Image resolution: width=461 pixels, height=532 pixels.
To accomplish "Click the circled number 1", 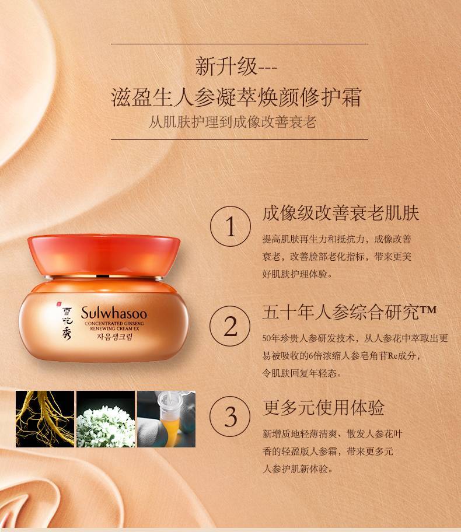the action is (x=230, y=226).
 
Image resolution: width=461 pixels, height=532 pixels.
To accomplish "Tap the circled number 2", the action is (x=230, y=326).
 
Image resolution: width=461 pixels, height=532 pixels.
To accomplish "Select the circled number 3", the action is (x=230, y=416).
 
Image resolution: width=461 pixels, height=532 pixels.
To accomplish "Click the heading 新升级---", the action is (x=236, y=66).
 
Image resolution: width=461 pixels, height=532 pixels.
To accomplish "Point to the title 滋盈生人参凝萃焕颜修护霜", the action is (x=236, y=97).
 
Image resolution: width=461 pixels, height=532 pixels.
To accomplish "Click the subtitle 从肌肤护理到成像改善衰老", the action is (x=233, y=122).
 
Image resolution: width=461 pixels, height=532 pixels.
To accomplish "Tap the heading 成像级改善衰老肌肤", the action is (x=341, y=213).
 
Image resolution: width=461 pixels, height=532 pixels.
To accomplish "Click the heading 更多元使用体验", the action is (x=323, y=408).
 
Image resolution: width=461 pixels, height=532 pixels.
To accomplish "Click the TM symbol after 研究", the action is (x=428, y=310).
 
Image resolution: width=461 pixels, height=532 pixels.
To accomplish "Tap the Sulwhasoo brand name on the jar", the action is (x=114, y=313).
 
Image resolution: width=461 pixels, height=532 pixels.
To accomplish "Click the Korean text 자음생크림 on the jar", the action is (x=114, y=337).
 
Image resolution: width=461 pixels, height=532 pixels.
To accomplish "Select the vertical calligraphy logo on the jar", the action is (x=66, y=323).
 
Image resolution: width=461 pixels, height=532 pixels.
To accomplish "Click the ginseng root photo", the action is (x=45, y=419).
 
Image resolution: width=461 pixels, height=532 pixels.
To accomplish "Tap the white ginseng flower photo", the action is (x=106, y=419).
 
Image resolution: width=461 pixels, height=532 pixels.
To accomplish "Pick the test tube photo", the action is (x=166, y=419).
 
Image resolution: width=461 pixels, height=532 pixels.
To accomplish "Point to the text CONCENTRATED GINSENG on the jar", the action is (x=114, y=323).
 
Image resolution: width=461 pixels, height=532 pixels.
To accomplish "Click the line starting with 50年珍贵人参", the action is (x=355, y=338).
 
